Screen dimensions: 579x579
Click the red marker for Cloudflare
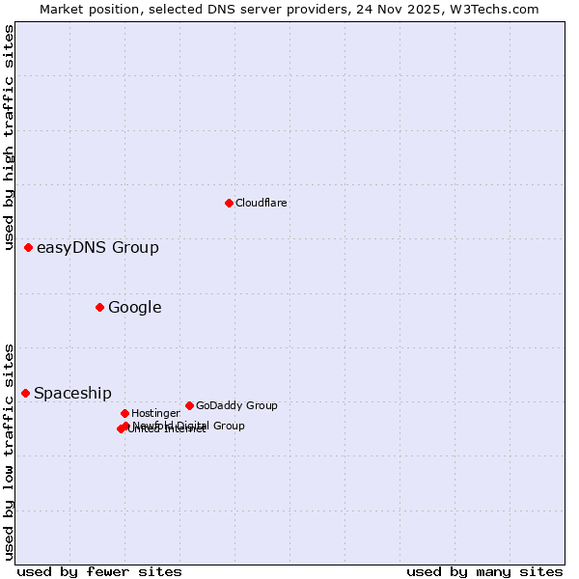point(229,203)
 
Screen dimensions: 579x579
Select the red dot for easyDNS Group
point(28,248)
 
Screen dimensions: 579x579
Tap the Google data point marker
point(99,308)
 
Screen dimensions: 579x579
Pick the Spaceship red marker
point(25,393)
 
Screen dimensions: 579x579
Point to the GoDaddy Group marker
point(189,405)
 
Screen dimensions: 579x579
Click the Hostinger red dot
point(124,413)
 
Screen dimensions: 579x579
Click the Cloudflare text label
point(262,203)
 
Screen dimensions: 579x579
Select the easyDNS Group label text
point(97,248)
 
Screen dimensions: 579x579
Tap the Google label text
point(135,308)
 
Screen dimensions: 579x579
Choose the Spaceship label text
point(72,393)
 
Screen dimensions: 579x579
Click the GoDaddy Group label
point(236,405)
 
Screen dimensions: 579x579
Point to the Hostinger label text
point(155,413)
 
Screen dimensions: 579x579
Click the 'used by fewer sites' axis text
point(99,571)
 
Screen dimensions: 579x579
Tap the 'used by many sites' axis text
point(484,571)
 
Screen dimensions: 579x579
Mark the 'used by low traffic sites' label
point(10,452)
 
